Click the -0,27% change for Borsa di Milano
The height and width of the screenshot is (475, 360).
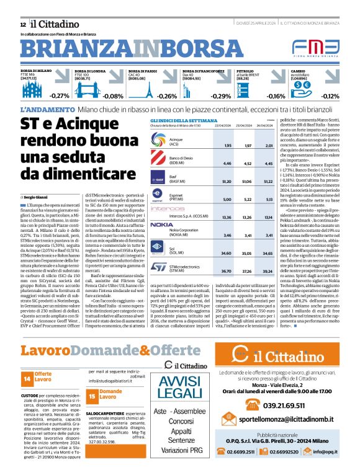coord(60,96)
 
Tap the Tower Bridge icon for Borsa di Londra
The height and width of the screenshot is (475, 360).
coord(84,91)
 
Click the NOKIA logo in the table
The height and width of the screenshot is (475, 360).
coord(161,224)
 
